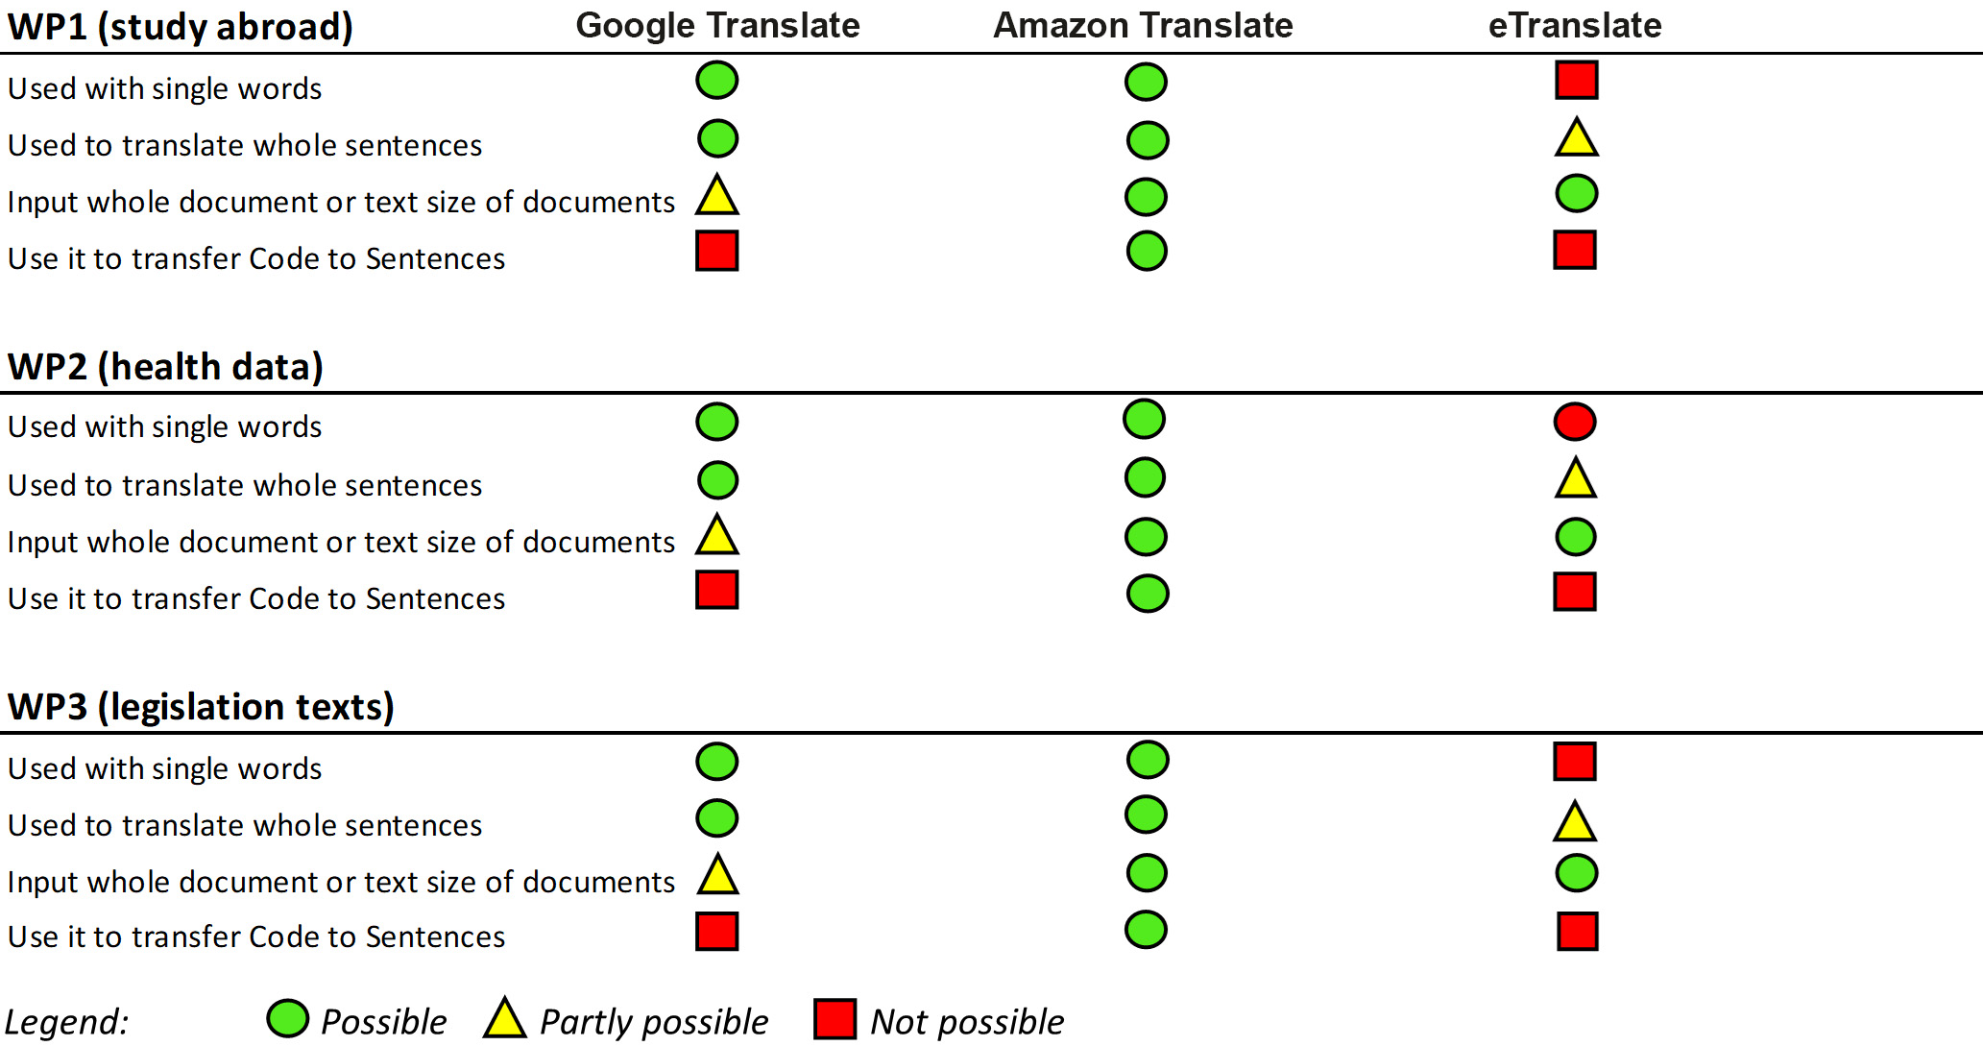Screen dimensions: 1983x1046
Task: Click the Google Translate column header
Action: (x=717, y=25)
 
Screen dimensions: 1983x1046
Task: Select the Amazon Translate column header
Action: (x=1143, y=25)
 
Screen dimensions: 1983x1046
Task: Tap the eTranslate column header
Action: (x=1575, y=25)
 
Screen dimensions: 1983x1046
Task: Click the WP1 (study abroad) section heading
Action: (x=181, y=27)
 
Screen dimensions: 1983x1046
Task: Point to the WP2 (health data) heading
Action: (x=165, y=367)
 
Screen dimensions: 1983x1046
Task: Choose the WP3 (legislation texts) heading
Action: (x=201, y=707)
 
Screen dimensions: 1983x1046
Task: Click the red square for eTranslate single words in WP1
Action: (x=1577, y=80)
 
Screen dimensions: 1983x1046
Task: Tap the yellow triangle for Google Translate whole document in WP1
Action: (x=717, y=196)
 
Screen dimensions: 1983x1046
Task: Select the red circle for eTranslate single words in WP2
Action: (x=1575, y=422)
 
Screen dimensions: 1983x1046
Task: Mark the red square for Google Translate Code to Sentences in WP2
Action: (x=717, y=590)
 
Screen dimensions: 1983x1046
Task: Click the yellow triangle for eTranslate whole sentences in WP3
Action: (x=1575, y=823)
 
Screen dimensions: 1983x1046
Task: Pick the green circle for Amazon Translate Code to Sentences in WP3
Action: (x=1146, y=930)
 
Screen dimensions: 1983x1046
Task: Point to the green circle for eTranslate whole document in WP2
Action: (x=1576, y=537)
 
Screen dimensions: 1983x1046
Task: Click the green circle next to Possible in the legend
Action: (x=287, y=1019)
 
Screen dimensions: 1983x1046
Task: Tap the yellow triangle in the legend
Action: (x=505, y=1020)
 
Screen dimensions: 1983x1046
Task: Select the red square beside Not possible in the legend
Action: (x=834, y=1019)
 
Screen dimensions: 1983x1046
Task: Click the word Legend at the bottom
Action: (x=66, y=1022)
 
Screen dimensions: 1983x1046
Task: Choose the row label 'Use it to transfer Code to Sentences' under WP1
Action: (x=256, y=258)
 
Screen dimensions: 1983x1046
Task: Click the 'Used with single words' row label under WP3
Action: (x=165, y=768)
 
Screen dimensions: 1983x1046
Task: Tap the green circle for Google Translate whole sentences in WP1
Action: (x=717, y=139)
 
